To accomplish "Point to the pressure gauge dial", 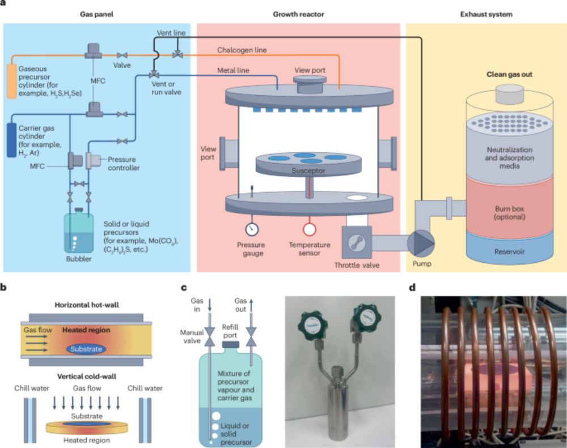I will click(x=252, y=229).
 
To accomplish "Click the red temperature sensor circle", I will click(x=310, y=229).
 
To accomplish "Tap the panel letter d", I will click(x=412, y=287).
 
